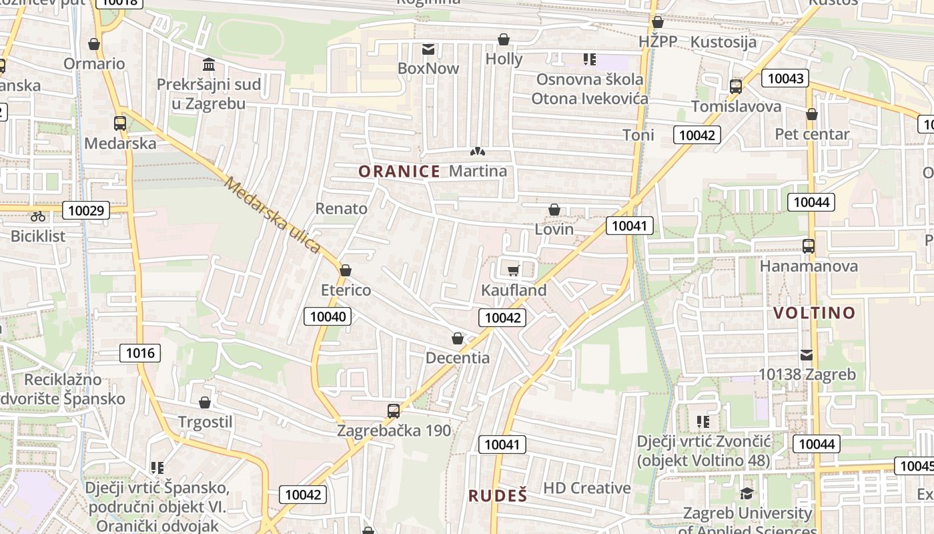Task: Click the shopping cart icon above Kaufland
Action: click(513, 270)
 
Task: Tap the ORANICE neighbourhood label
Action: click(399, 172)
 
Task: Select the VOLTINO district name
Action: click(814, 312)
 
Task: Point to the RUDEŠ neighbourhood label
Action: click(498, 495)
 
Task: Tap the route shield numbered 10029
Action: click(86, 211)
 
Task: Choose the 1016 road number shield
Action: click(140, 353)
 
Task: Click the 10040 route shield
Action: click(328, 316)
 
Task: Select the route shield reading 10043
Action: click(785, 78)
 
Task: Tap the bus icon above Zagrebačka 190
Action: click(394, 411)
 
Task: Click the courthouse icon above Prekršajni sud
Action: click(209, 65)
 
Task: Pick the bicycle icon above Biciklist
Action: click(38, 216)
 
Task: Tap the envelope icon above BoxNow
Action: click(428, 49)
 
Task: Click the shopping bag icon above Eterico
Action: click(346, 270)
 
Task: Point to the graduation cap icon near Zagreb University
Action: click(747, 493)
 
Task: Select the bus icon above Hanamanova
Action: click(809, 246)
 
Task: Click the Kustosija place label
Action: click(724, 42)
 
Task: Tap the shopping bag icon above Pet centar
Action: click(812, 114)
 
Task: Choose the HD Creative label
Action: click(587, 488)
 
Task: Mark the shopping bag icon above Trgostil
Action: click(205, 403)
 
